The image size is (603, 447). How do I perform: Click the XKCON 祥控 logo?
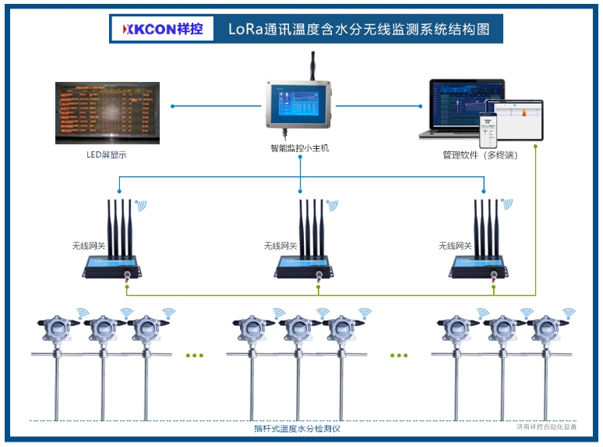pos(161,30)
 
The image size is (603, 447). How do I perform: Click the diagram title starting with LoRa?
pos(358,30)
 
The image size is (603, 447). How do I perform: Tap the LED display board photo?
pos(108,113)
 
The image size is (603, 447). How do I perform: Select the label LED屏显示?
pos(107,154)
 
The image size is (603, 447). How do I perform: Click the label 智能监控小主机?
pos(299,148)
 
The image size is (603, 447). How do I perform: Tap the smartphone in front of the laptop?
pos(488,130)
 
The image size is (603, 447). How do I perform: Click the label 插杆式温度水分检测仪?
pos(298,428)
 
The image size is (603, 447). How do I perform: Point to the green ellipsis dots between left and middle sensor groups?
pos(194,355)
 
